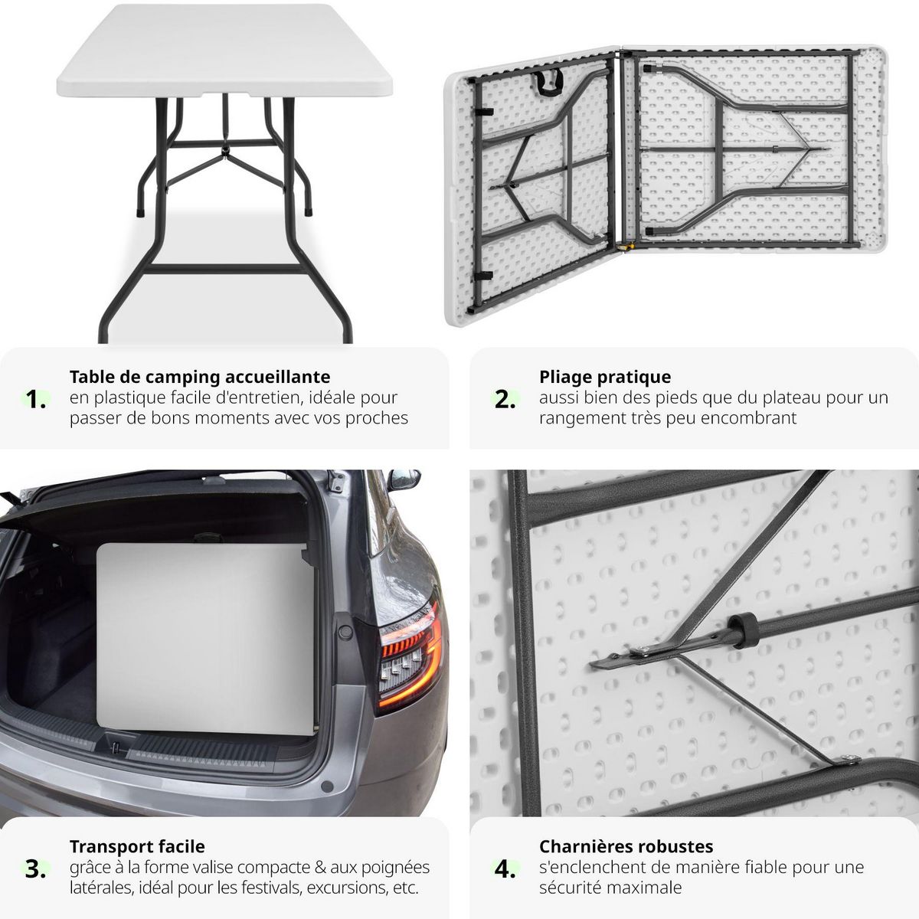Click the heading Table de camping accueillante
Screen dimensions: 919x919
pyautogui.click(x=200, y=377)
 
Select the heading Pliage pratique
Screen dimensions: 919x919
pyautogui.click(x=605, y=377)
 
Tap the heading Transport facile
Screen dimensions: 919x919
pyautogui.click(x=137, y=846)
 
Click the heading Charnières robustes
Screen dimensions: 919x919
pyautogui.click(x=626, y=846)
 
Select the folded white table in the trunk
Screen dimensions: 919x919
pyautogui.click(x=207, y=636)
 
